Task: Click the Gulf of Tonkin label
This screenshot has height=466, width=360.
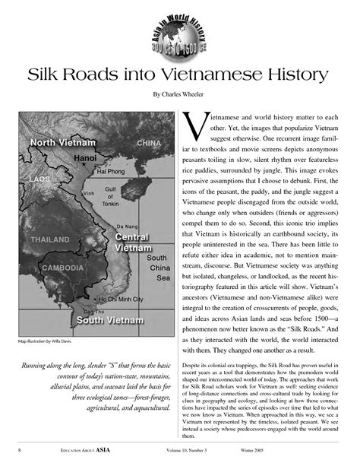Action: click(110, 196)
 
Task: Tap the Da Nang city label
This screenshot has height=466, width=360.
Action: click(127, 227)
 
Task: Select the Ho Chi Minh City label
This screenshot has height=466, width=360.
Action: click(120, 300)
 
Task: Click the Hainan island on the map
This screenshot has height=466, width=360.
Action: click(159, 199)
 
